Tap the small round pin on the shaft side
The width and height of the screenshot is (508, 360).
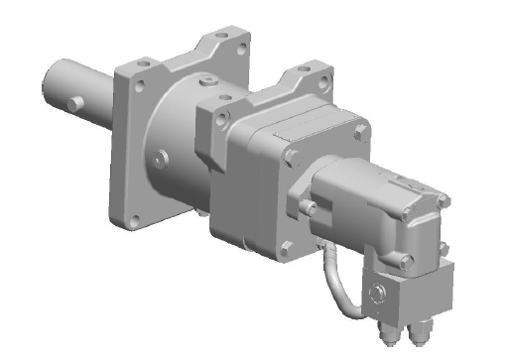[x=76, y=102]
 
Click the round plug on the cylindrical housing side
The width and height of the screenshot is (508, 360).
[x=162, y=155]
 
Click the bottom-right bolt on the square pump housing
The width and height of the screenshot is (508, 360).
[x=288, y=248]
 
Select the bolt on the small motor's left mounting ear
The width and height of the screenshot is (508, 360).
[x=308, y=207]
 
